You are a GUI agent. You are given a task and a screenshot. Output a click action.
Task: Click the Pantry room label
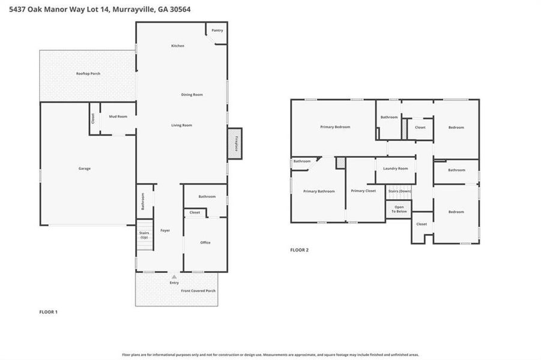click(217, 30)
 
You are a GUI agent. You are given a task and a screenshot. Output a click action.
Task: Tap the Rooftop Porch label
click(88, 73)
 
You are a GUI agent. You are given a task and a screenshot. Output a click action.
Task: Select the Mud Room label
click(118, 116)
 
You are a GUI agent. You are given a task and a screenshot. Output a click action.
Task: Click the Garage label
click(84, 169)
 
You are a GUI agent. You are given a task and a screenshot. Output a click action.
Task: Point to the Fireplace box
click(235, 143)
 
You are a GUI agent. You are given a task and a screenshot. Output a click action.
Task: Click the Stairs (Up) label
click(144, 235)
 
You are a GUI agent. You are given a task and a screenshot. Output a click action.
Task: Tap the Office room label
click(205, 242)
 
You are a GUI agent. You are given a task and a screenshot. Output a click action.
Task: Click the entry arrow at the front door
click(174, 277)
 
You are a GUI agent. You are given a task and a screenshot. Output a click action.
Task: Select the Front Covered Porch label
click(198, 290)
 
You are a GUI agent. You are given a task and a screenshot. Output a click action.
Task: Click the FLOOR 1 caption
click(48, 312)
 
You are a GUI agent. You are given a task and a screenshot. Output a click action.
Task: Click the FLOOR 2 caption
click(299, 250)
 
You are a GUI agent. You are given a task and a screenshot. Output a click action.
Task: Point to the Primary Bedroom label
click(335, 127)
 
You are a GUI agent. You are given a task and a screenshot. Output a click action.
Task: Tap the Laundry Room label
click(396, 169)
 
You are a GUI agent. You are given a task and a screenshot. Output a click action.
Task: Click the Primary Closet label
click(363, 191)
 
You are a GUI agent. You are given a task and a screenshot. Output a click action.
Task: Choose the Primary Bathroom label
click(319, 191)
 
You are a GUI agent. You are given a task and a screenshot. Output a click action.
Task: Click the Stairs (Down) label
click(400, 191)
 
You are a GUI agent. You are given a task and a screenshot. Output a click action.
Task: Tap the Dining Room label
click(192, 95)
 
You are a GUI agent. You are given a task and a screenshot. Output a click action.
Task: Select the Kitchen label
click(177, 46)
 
